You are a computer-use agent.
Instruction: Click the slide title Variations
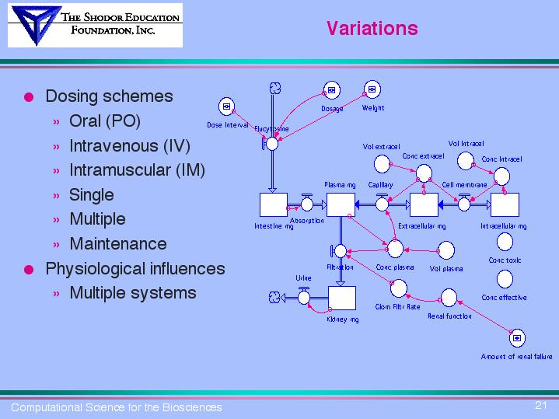click(372, 29)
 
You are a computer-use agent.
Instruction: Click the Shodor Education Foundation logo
click(94, 25)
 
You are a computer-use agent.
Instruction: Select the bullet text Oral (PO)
click(105, 121)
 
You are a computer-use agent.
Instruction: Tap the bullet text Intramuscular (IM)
click(137, 169)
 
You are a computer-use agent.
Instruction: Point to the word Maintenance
click(117, 243)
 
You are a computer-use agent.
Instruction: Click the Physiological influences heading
click(135, 268)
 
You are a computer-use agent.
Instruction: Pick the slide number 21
click(542, 404)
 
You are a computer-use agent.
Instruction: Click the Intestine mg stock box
click(273, 204)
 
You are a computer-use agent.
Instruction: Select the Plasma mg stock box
click(341, 204)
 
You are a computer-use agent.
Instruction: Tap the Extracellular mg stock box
click(423, 204)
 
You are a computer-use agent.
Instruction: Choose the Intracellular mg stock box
click(504, 204)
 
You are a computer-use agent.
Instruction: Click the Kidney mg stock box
click(341, 298)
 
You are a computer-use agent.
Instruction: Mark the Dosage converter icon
click(330, 91)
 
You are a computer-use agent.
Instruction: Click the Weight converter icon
click(372, 90)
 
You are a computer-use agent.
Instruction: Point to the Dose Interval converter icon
click(226, 106)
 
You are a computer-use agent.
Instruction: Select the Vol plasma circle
click(446, 250)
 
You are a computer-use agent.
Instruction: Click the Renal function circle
click(449, 298)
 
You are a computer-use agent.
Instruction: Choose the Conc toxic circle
click(505, 243)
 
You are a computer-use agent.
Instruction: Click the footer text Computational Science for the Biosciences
click(116, 407)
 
